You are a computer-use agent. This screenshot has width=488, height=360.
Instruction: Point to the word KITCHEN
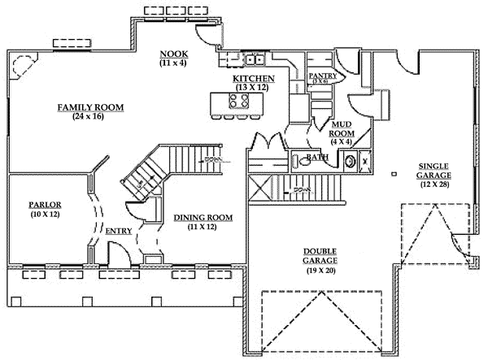(x=253, y=78)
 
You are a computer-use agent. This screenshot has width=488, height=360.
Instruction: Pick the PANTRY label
(x=322, y=75)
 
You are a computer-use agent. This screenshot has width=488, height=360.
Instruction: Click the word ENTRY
(x=119, y=231)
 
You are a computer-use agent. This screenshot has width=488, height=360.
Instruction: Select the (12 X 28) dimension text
(x=432, y=184)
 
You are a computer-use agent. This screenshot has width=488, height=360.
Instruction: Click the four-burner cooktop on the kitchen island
(x=237, y=102)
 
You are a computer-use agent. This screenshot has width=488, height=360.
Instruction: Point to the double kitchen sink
(x=245, y=59)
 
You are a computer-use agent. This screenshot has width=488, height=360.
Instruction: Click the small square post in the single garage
(x=394, y=172)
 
